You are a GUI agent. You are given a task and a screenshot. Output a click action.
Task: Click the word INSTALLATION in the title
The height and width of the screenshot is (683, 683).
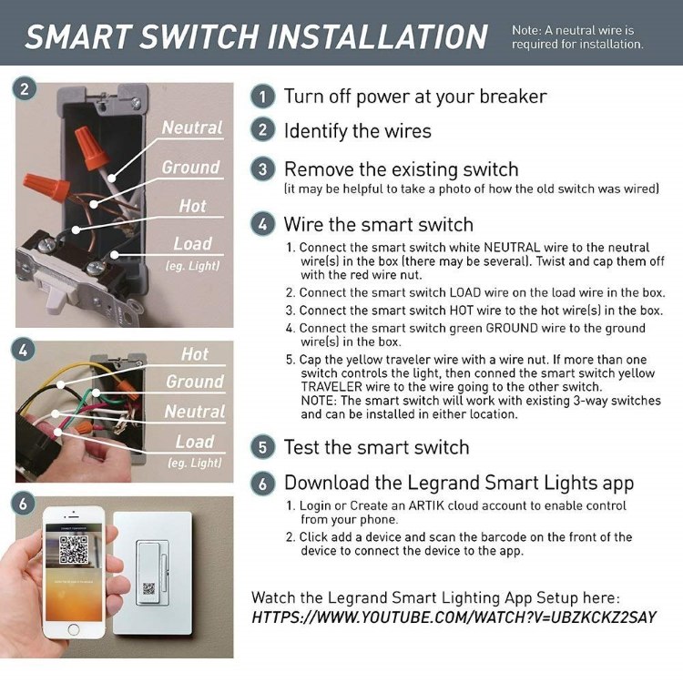pyautogui.click(x=377, y=36)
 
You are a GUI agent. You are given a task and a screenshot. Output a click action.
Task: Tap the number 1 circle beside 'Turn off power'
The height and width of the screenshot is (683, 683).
pyautogui.click(x=262, y=97)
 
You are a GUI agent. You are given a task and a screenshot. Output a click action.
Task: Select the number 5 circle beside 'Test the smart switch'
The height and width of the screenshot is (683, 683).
pyautogui.click(x=262, y=447)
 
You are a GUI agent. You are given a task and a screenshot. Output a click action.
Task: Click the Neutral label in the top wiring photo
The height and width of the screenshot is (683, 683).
pyautogui.click(x=192, y=127)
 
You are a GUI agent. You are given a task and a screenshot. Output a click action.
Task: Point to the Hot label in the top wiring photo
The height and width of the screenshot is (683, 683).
pyautogui.click(x=192, y=206)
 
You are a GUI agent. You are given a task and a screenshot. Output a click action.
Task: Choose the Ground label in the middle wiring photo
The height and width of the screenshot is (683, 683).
pyautogui.click(x=195, y=382)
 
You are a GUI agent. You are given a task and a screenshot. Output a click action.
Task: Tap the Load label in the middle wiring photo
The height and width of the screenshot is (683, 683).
pyautogui.click(x=195, y=442)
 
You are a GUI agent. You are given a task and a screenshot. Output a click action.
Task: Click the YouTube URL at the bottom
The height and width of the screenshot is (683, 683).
pyautogui.click(x=454, y=617)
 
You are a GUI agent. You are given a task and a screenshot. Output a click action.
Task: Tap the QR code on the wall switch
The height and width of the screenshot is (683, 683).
pyautogui.click(x=149, y=588)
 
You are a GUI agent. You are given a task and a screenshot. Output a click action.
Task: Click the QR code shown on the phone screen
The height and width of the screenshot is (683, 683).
pyautogui.click(x=74, y=550)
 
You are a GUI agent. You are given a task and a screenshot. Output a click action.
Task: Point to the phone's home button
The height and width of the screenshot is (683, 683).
pyautogui.click(x=74, y=629)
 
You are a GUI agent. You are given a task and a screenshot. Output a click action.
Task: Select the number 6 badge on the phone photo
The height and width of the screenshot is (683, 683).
pyautogui.click(x=23, y=504)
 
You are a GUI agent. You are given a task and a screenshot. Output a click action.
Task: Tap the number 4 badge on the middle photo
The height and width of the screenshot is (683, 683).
pyautogui.click(x=23, y=350)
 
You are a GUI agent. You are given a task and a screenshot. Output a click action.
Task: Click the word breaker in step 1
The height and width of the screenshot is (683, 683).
pyautogui.click(x=513, y=97)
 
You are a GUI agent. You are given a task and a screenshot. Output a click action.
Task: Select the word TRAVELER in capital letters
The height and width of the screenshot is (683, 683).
pyautogui.click(x=331, y=387)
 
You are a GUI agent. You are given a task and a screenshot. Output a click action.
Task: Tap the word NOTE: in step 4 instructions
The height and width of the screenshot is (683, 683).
pyautogui.click(x=319, y=401)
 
